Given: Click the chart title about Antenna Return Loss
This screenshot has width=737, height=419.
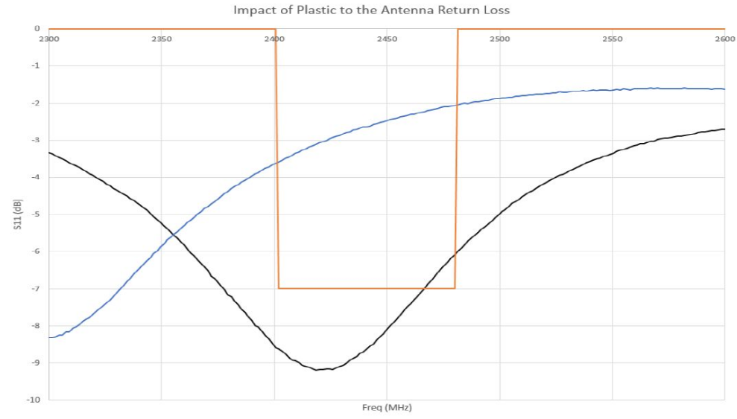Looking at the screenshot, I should (371, 10).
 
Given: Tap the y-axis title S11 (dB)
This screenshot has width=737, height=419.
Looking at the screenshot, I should (16, 214).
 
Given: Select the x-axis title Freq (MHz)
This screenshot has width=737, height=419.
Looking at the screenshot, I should (386, 408).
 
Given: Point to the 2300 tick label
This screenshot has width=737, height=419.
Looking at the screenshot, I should (49, 38).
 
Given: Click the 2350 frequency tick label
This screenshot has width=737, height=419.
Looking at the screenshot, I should (162, 38).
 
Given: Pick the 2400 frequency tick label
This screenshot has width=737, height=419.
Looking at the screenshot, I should (274, 38).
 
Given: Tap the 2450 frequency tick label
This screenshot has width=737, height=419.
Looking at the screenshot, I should (387, 38).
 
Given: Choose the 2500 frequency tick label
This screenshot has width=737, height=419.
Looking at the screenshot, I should (499, 38).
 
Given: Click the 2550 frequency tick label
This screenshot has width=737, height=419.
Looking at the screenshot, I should (612, 38).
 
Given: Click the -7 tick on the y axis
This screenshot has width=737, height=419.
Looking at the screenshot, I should (35, 289).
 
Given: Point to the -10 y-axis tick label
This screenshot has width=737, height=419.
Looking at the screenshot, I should (34, 400).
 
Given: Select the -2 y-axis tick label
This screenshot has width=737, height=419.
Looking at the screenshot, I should (35, 103).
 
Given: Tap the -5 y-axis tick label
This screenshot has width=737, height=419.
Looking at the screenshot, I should (35, 214).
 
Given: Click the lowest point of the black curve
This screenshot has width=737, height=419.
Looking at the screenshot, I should (317, 370).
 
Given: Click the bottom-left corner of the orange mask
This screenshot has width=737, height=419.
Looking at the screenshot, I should (278, 288).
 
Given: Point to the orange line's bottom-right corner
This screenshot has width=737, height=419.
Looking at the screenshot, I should (455, 288).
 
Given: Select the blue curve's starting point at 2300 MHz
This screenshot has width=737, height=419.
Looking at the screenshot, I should (50, 337).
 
